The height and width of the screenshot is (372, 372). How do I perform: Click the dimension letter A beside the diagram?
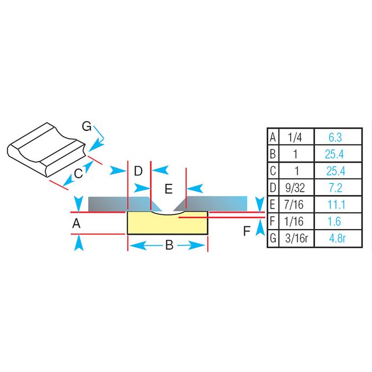77,224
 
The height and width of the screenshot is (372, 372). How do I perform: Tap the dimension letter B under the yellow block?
169,246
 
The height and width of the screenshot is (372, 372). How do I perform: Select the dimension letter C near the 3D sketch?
78,173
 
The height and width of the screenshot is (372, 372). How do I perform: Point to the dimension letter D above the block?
138,171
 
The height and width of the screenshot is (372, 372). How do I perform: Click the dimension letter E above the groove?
168,189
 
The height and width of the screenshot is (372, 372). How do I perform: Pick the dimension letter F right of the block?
247,231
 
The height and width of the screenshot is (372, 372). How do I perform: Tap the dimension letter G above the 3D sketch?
87,126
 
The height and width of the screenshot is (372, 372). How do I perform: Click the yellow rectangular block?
167,223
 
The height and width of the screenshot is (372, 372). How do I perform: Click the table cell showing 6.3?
334,138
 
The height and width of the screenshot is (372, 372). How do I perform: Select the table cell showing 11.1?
334,205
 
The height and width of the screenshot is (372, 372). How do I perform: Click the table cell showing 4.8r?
334,238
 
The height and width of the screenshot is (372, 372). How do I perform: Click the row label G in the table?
273,238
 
